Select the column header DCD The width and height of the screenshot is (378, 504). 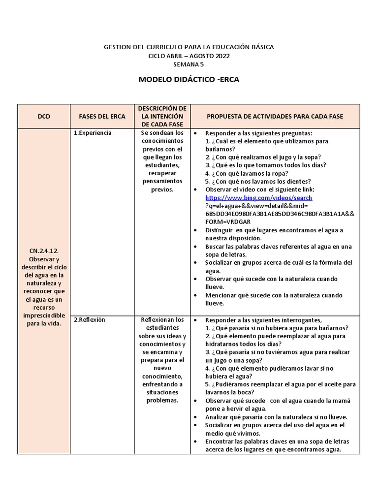(44, 116)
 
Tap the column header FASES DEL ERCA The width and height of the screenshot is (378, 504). (102, 116)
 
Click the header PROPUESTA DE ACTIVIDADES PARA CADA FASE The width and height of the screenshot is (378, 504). (275, 116)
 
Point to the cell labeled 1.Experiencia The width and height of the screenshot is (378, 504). (93, 133)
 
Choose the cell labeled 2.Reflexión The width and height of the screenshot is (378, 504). (90, 319)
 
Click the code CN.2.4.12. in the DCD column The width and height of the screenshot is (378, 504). (44, 251)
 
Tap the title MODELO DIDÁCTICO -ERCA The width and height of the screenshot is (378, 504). (189, 79)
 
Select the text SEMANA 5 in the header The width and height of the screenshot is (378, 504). (189, 64)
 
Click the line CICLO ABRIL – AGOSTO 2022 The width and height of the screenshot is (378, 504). (189, 56)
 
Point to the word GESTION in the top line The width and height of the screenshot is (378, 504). (117, 47)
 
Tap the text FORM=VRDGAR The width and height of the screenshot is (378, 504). (227, 222)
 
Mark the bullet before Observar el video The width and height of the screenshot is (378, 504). (196, 189)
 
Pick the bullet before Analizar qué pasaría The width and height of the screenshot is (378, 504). (196, 416)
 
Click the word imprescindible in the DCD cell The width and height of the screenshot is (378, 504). (44, 315)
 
